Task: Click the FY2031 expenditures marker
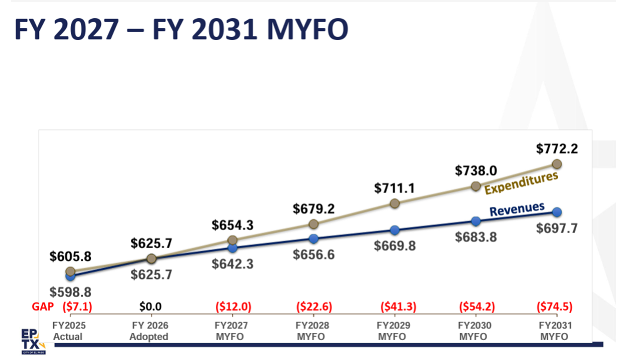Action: [557, 164]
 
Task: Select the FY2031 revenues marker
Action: [557, 212]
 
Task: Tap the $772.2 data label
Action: [557, 149]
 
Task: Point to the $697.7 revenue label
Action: [557, 228]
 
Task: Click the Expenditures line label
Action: [521, 183]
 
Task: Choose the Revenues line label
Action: [517, 209]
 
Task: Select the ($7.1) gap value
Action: [77, 306]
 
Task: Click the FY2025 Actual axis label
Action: [68, 331]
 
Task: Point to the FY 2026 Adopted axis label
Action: [149, 331]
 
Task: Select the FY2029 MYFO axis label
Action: [394, 331]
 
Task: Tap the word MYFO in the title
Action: [307, 30]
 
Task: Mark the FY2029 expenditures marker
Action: [394, 203]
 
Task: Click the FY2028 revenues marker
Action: [313, 239]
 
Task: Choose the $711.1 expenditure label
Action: [395, 188]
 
